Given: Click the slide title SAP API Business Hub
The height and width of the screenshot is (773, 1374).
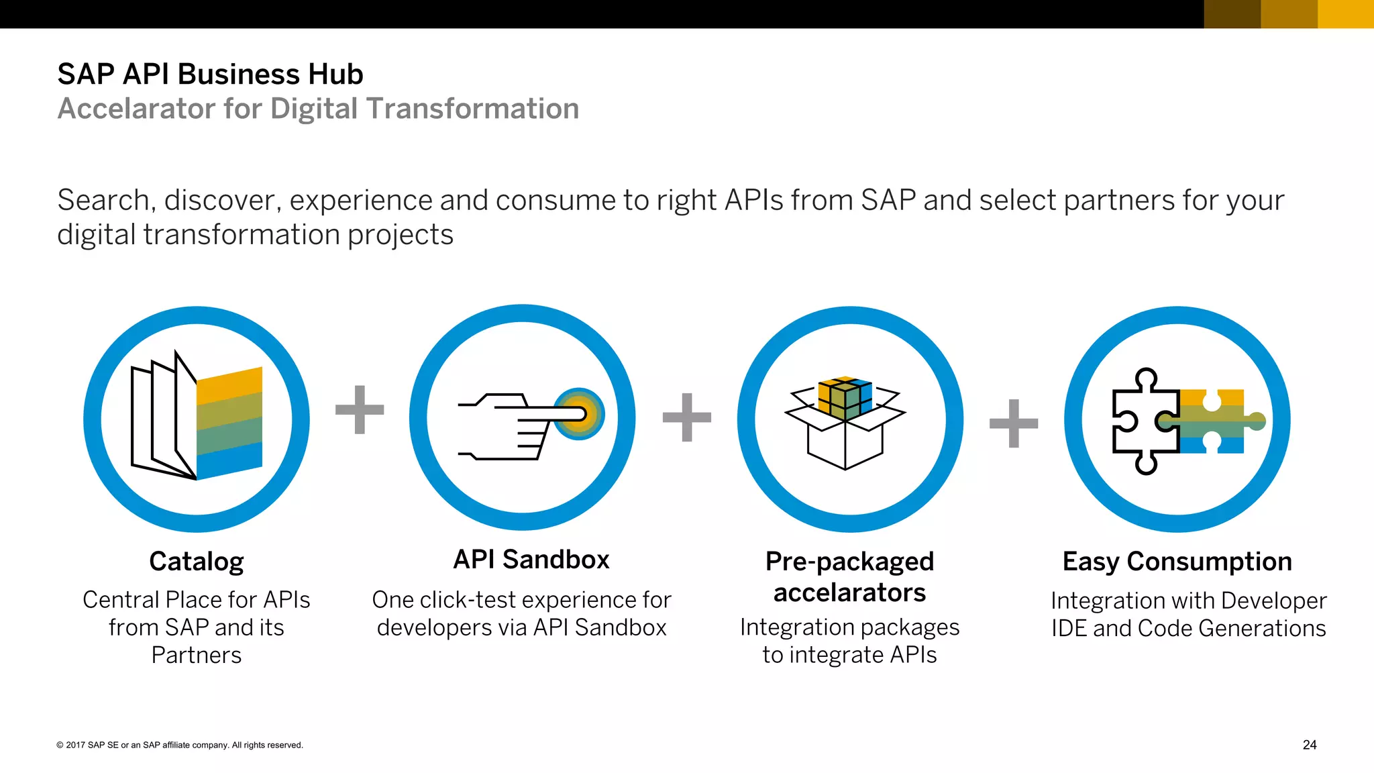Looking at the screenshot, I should [x=210, y=74].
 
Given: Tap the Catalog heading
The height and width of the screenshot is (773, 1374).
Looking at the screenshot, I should [x=196, y=562].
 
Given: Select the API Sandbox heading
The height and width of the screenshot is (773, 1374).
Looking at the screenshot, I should [x=531, y=560].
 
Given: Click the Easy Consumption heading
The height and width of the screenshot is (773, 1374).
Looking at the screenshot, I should [x=1177, y=562].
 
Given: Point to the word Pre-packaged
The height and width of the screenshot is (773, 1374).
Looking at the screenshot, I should [x=849, y=562].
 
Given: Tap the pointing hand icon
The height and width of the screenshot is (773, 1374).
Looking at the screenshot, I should [x=510, y=426].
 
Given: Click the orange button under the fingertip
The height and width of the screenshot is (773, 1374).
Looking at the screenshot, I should [x=579, y=414].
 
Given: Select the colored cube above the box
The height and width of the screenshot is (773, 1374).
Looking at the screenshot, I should [x=845, y=397].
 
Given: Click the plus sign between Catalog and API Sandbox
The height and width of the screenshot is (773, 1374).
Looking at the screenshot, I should [x=360, y=409].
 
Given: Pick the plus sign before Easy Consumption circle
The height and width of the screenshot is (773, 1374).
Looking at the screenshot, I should [x=1014, y=423].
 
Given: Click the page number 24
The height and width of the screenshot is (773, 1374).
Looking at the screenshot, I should [x=1309, y=745].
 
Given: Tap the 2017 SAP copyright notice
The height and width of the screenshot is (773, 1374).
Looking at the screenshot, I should [x=180, y=745].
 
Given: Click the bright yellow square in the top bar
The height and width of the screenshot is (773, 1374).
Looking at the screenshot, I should [x=1345, y=14].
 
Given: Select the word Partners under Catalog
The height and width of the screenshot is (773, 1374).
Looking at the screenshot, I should [x=196, y=655].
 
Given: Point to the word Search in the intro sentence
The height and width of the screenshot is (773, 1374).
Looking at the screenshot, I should [x=103, y=201].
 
